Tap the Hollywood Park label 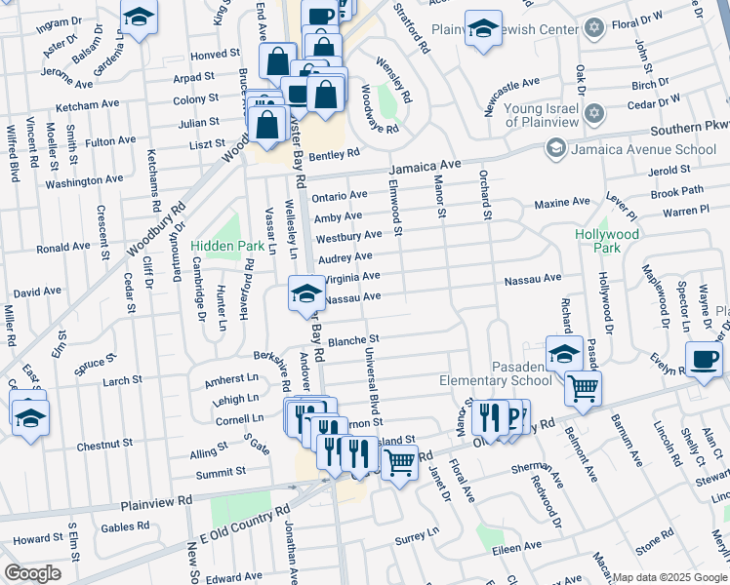pos(606,241)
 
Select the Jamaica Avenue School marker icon pos(555,148)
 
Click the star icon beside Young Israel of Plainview pos(592,116)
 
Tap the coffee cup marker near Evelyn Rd pos(705,358)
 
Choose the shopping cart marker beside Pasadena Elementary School pos(583,387)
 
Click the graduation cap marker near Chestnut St pos(30,417)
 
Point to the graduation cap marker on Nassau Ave pos(306,293)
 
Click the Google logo pos(32,572)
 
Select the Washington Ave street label pos(84,180)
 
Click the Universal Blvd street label pos(373,381)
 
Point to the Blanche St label pos(352,340)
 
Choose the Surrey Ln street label pos(417,534)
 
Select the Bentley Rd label pos(335,154)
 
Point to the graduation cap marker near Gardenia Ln pos(139,17)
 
